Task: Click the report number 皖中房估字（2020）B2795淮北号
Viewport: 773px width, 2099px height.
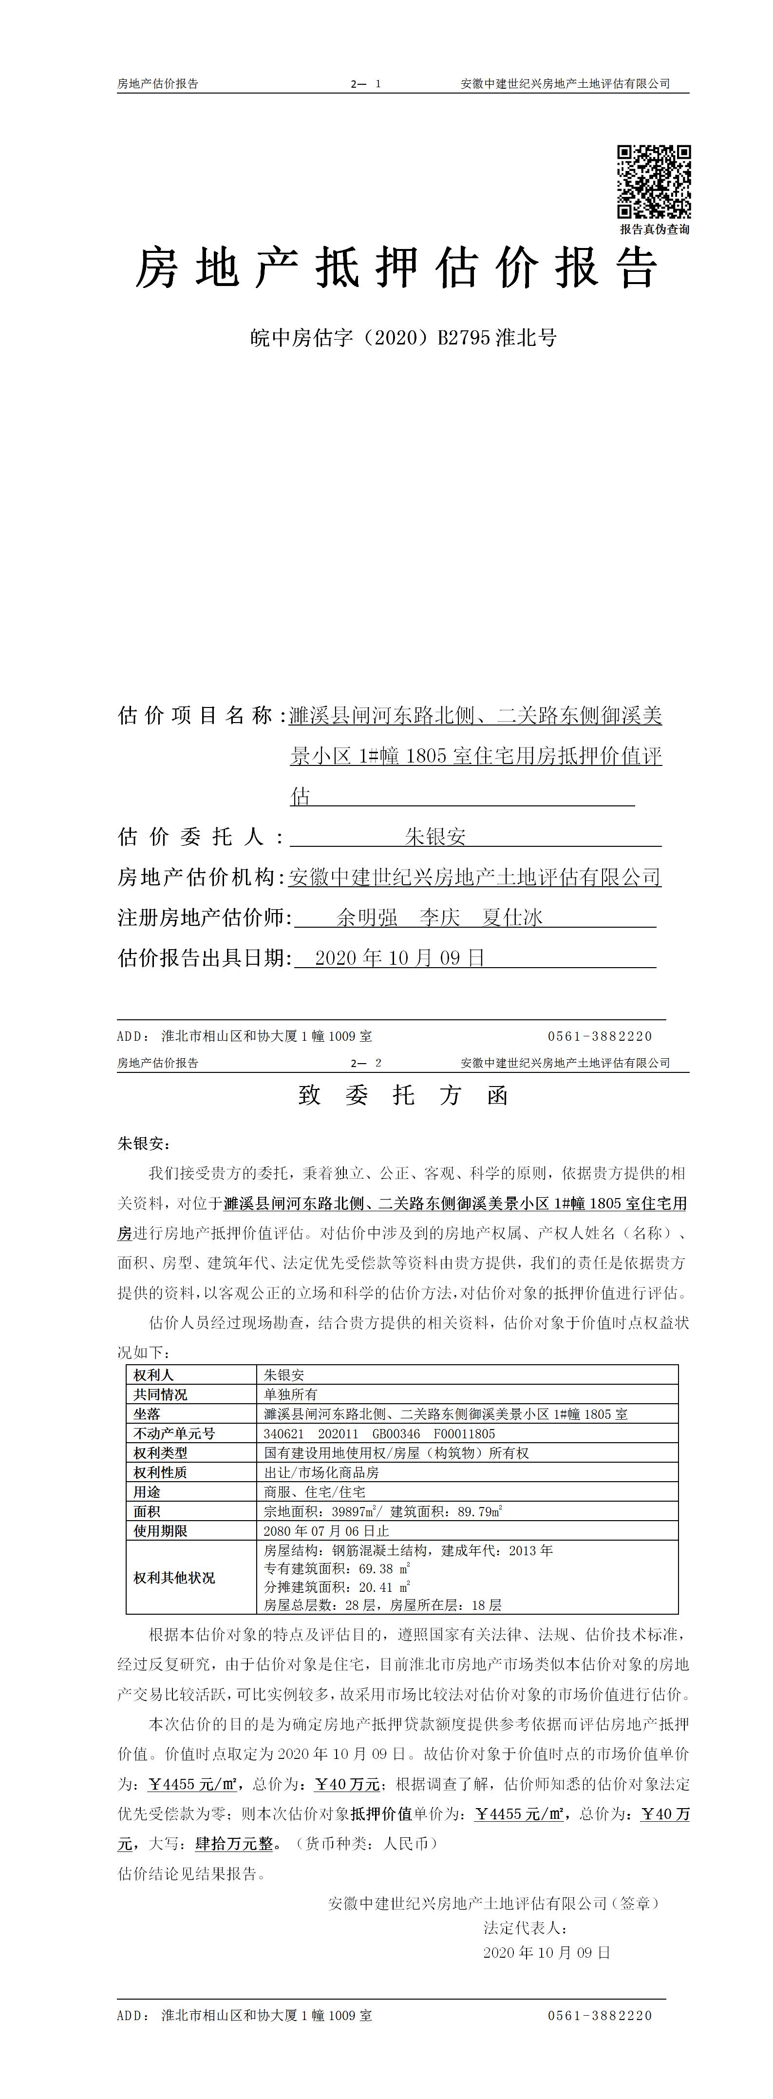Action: point(403,337)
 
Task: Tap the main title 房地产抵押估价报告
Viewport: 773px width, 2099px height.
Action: point(396,269)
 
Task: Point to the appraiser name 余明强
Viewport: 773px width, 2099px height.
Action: point(367,917)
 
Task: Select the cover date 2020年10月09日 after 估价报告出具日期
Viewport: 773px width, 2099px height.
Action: point(399,957)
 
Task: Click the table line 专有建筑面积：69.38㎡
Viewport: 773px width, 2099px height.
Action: point(337,1568)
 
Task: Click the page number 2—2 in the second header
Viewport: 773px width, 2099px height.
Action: point(366,1063)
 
